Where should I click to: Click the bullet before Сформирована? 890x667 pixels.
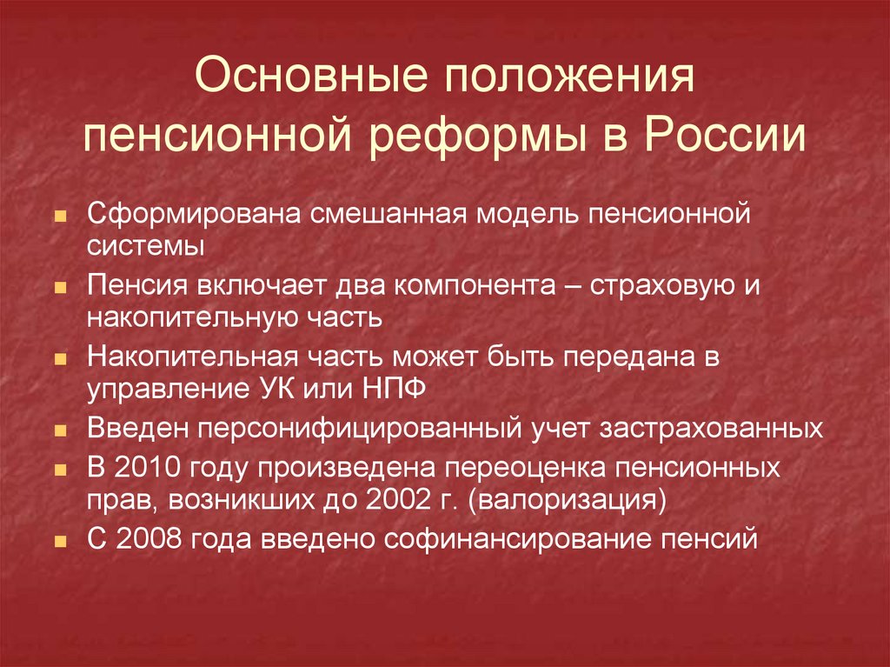60,217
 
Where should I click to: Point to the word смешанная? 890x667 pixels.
388,214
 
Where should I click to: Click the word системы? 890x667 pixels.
146,247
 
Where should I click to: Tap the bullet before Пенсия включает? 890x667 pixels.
60,288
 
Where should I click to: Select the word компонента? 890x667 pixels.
475,285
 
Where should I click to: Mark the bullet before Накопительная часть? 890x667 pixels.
60,360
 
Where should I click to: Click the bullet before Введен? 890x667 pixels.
60,431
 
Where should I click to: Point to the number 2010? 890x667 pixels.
148,468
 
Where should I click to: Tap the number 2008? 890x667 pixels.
149,539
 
